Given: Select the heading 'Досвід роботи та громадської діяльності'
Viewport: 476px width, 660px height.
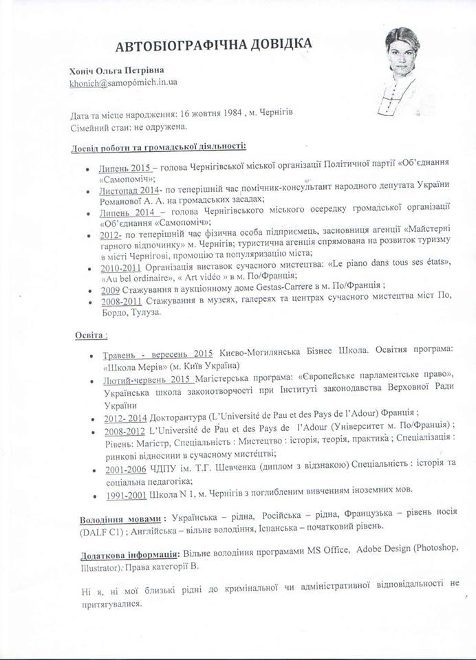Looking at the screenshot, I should pyautogui.click(x=158, y=147).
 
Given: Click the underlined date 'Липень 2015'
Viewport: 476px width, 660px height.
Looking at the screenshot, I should pyautogui.click(x=124, y=167).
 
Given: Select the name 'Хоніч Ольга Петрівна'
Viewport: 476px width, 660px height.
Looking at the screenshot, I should pyautogui.click(x=117, y=69).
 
